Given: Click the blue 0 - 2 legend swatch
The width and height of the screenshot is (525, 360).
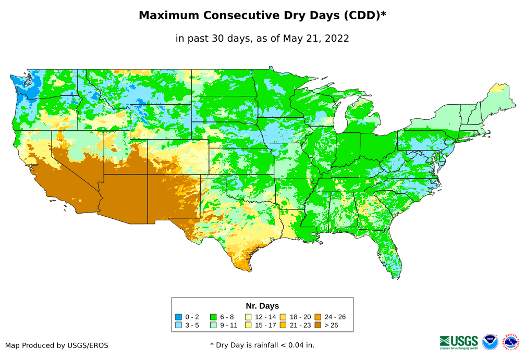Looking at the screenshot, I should [179, 317].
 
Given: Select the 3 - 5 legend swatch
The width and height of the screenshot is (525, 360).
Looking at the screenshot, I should [179, 325].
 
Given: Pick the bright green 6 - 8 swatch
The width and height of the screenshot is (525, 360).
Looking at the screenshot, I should [213, 317].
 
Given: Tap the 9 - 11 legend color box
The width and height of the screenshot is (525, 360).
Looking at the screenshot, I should [213, 325].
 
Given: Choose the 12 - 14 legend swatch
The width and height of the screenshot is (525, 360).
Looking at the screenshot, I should [248, 317].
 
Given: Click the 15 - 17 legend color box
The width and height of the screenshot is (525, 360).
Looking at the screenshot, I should [248, 325].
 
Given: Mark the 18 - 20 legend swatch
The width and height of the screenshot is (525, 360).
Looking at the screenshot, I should [283, 317].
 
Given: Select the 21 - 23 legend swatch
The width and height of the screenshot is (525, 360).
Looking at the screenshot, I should [283, 325].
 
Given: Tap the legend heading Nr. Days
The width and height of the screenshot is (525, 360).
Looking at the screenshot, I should [262, 306].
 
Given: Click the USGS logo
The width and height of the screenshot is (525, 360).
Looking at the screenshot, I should [459, 342].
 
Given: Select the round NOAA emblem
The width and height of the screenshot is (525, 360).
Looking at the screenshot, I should [490, 342].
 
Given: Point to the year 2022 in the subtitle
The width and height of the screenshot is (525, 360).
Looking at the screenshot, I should [336, 38].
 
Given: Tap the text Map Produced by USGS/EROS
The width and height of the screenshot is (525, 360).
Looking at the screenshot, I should [57, 345].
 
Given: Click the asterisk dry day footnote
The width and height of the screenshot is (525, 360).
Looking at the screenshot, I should [262, 345].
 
